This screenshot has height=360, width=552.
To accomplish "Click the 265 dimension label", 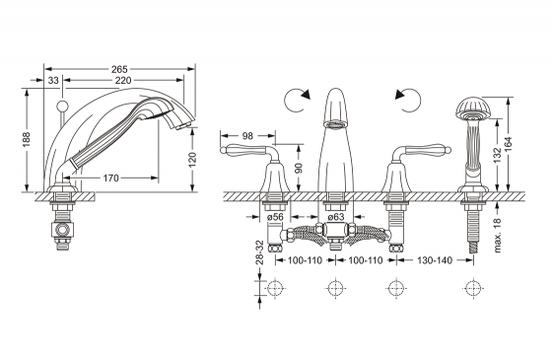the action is click(x=119, y=69).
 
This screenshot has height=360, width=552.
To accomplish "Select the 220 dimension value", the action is click(x=123, y=81).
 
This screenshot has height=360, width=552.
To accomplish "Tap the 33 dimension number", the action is click(x=53, y=81).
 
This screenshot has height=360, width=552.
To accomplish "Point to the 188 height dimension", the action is click(x=26, y=140).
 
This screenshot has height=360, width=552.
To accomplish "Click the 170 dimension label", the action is click(x=110, y=179).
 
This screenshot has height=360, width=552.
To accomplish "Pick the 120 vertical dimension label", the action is click(x=192, y=160).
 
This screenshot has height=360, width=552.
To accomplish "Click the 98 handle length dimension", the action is click(x=247, y=136).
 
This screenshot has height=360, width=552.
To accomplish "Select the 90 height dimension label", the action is click(x=299, y=168).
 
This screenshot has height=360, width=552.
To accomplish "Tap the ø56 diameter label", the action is click(x=275, y=217).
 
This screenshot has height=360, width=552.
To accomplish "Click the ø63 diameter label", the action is click(x=335, y=217).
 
